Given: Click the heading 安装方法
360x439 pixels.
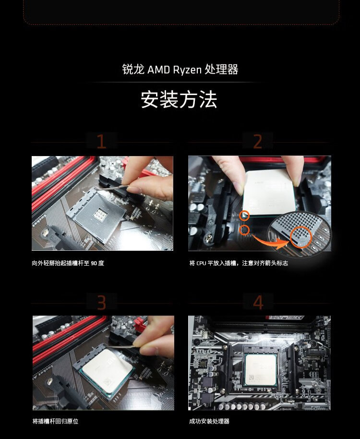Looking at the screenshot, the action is (179, 99).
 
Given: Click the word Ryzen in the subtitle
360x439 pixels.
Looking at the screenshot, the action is (187, 70).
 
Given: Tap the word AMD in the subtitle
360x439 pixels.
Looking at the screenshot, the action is (158, 70).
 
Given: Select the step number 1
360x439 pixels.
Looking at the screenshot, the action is (101, 141).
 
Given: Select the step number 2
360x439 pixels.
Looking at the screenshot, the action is (258, 141).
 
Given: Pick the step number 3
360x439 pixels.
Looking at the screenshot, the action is (101, 303).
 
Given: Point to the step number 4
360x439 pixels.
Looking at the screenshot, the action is (258, 303).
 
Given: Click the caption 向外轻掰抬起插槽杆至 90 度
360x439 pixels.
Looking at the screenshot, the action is (68, 263).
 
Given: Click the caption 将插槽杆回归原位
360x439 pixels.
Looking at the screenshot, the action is (55, 421).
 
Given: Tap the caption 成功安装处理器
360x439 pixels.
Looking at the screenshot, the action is (209, 421).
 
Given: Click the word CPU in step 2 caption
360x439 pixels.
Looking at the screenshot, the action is (201, 263).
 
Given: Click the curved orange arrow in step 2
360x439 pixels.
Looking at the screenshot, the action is (270, 243).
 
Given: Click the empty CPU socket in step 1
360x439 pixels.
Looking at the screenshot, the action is (96, 214).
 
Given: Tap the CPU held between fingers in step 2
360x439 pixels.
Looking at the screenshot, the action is (268, 193).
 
